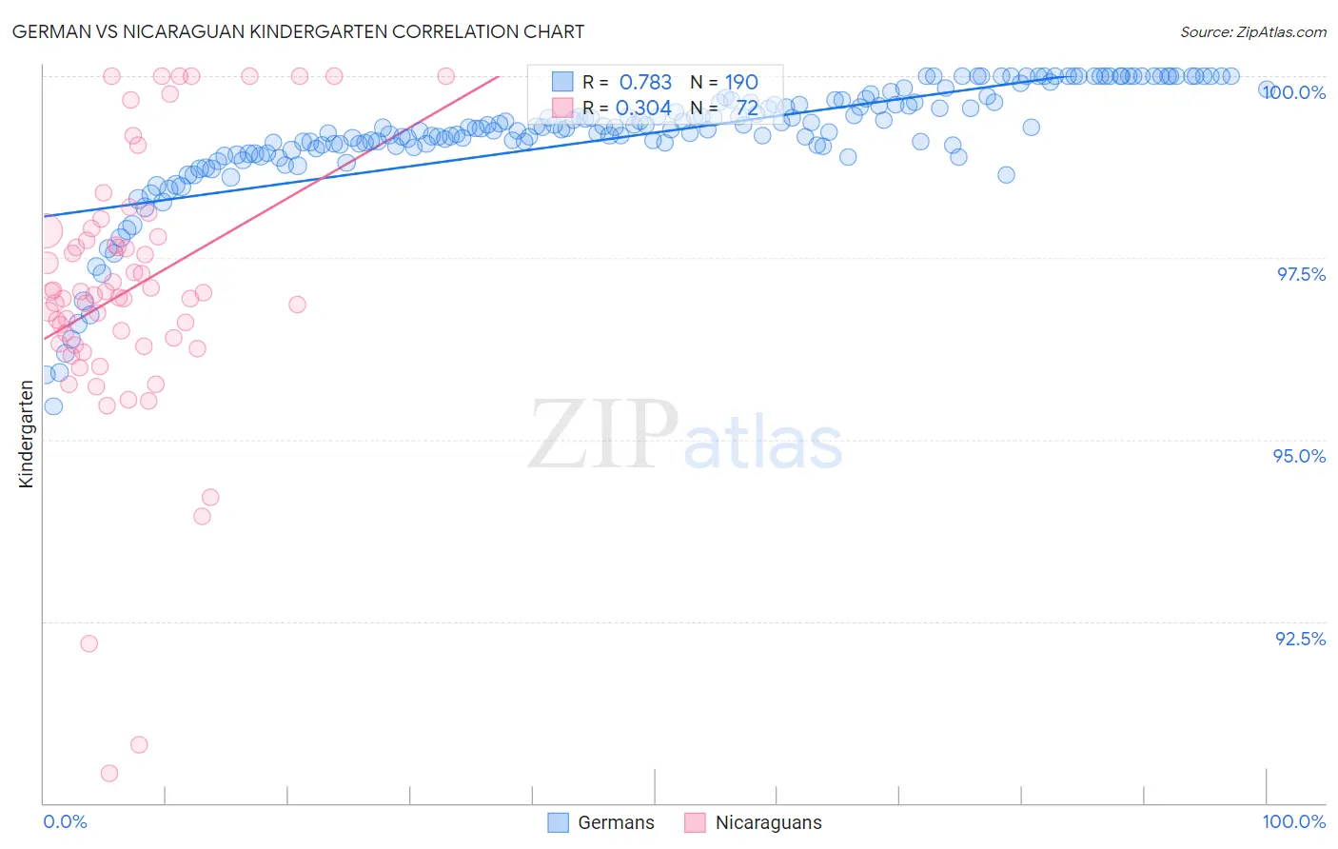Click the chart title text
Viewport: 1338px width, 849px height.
298,31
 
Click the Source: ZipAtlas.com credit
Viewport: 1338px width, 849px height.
1252,31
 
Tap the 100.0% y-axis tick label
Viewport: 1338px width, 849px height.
1293,92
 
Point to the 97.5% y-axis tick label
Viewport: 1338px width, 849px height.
1300,274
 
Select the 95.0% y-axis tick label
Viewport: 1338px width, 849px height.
1299,456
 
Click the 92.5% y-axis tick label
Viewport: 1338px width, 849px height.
1300,639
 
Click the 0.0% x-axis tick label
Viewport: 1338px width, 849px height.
65,821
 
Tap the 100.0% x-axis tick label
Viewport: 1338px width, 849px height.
1293,821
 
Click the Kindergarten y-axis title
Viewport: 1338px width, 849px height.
26,434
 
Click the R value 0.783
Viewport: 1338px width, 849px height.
645,82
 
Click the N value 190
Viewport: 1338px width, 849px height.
741,82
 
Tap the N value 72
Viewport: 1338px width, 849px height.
746,108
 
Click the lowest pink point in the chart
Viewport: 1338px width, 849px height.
109,774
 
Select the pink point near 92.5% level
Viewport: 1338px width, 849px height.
89,643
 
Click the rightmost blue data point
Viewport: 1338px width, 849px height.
1267,89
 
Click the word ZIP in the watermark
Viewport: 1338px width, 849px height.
602,435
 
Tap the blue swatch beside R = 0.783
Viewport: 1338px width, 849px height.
562,82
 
